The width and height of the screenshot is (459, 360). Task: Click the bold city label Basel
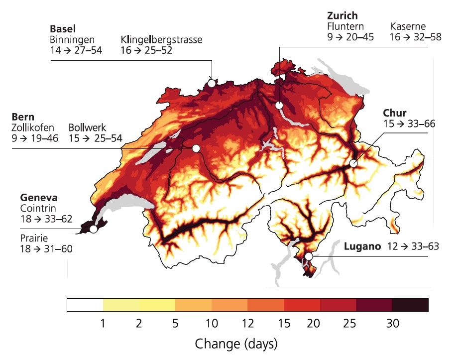point(62,28)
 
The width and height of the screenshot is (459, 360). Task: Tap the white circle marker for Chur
point(353,163)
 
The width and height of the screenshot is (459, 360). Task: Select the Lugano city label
point(362,246)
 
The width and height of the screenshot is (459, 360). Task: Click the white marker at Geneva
point(93,230)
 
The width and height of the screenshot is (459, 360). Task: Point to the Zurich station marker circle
point(279,105)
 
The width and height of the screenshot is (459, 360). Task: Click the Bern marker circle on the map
point(196,148)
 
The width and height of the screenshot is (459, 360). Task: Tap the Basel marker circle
point(212,83)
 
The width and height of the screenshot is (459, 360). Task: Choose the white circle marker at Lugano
point(309,256)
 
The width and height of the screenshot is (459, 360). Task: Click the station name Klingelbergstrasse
point(161,39)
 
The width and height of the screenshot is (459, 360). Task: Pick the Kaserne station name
point(408,26)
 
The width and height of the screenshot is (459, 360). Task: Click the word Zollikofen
point(33,127)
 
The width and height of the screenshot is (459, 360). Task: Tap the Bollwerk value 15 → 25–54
point(96,138)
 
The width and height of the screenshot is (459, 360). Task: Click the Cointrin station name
point(37,207)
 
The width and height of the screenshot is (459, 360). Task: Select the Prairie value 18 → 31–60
point(46,248)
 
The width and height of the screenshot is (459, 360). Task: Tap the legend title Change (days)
point(236,344)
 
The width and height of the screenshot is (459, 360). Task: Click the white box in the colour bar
point(85,305)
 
